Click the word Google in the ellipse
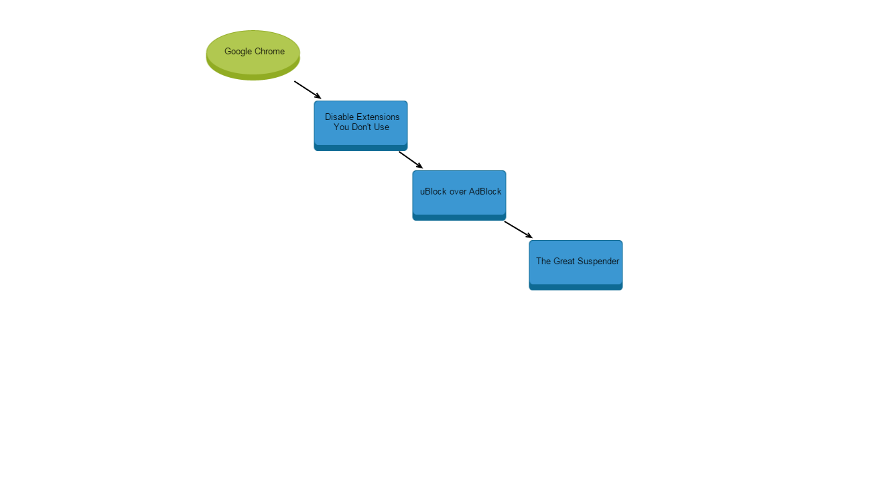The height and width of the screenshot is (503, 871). point(238,52)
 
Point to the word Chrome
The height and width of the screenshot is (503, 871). point(269,52)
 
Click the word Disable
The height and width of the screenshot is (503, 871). point(339,117)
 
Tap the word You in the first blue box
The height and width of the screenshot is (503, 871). point(341,127)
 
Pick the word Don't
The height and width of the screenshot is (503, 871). point(362,127)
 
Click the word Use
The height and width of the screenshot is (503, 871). point(382,127)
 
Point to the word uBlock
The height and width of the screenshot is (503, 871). point(433,191)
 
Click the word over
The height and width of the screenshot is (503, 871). point(458,191)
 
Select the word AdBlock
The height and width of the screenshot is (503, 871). point(485,191)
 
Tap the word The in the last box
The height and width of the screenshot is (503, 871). point(543,261)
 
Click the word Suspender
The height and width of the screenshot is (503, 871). point(598,261)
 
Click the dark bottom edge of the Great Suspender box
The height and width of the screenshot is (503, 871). point(576,287)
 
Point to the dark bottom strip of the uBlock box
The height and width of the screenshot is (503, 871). point(459,217)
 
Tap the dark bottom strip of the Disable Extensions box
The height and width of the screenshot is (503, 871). point(360,148)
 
